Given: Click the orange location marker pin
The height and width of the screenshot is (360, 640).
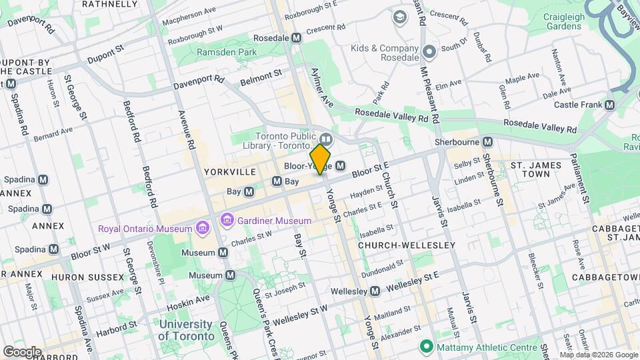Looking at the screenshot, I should click(321, 159).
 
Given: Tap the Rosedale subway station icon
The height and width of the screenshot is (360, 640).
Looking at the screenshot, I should click(297, 39).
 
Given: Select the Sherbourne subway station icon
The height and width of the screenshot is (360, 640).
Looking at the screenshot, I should click(488, 142).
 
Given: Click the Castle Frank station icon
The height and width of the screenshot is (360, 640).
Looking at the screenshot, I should click(609, 105).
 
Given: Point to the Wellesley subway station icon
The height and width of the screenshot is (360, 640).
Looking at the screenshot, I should click(375, 291).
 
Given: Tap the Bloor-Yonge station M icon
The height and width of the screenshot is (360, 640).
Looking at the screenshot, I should click(341, 165).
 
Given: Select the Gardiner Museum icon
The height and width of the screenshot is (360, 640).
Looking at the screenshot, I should click(227, 220).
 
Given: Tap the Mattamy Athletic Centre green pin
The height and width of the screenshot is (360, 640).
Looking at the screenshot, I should click(424, 347).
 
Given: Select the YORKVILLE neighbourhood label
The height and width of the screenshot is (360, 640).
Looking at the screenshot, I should click(230, 172).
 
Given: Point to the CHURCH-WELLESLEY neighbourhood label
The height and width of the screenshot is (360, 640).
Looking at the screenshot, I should click(407, 245).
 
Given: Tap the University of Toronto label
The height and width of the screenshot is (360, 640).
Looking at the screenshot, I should click(186, 331).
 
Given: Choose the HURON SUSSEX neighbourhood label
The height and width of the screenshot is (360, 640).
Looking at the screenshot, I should click(91, 277).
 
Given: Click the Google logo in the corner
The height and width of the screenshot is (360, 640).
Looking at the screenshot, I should click(23, 351).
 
